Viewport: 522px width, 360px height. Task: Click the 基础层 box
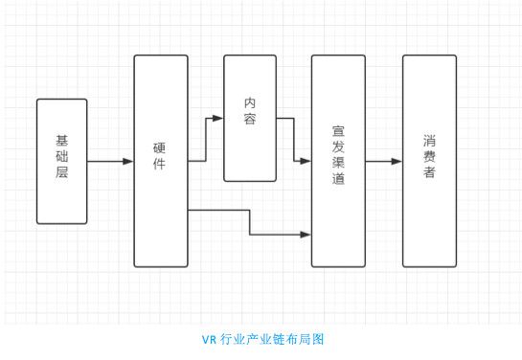point(61,161)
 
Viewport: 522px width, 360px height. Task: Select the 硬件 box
point(160,161)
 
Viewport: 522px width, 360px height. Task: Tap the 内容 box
point(250,118)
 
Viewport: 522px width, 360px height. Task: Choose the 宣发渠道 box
point(338,161)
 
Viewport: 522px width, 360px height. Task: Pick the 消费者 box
point(429,161)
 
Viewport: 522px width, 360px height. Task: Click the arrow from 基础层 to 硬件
point(110,161)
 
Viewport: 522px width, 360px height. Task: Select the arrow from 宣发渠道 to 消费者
point(383,161)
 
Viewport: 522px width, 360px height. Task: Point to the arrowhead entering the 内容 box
point(218,119)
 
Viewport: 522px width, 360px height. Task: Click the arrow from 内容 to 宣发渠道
point(294,134)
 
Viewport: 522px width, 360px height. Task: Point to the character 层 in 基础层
point(61,179)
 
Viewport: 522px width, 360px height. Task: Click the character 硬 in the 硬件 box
point(160,149)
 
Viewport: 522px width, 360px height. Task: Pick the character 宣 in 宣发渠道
point(338,131)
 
